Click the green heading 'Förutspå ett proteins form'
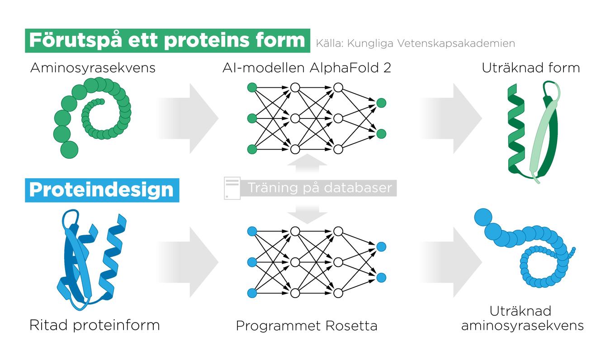tap(167, 41)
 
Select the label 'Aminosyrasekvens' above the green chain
tap(93, 68)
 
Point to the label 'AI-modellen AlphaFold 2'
tap(307, 68)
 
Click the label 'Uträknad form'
tap(530, 68)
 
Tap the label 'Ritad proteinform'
tap(95, 325)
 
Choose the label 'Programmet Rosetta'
tap(307, 326)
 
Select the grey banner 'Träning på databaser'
tap(318, 187)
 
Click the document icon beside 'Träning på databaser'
tap(231, 188)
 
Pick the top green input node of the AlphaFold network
tap(252, 87)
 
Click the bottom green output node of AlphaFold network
tap(381, 133)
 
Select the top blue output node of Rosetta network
tap(381, 246)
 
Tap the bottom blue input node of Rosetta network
tap(252, 293)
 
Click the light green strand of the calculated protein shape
tap(540, 136)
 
